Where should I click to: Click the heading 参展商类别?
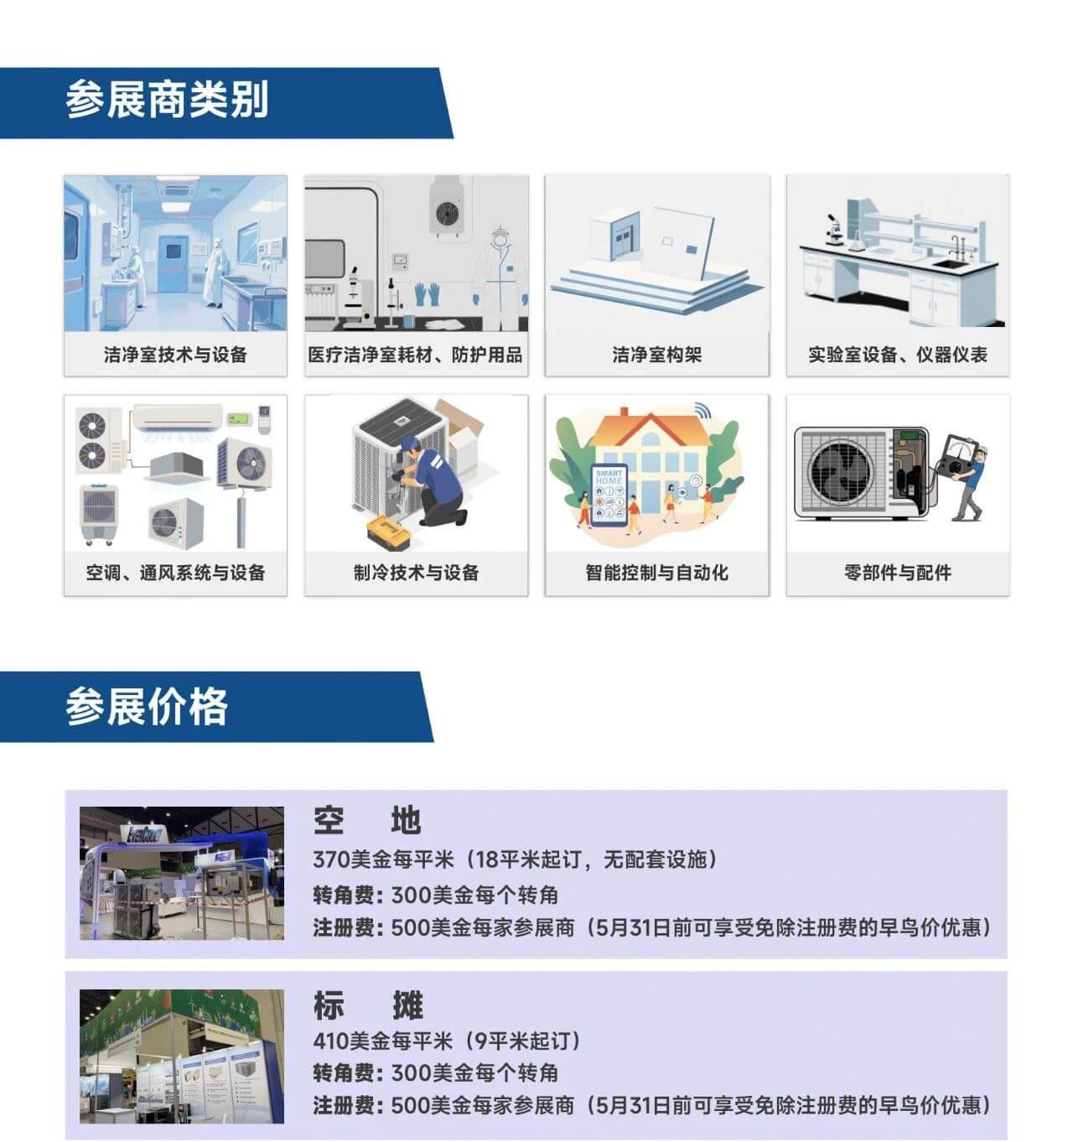coord(167,100)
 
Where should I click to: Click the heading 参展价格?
coord(147,706)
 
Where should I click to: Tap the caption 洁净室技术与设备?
coord(175,354)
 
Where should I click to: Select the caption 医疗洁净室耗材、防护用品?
coord(415,354)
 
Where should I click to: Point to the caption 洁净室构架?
coord(656,354)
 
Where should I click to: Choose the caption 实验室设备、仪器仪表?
coord(898,354)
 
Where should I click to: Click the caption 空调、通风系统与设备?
coord(175,572)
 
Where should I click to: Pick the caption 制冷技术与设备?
coord(417,572)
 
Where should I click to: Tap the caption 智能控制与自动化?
coord(656,572)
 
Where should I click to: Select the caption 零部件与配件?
coord(898,572)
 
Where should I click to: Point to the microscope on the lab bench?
coord(833,229)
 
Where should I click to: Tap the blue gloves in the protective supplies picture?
coord(427,294)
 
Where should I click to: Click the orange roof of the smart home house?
coord(651,428)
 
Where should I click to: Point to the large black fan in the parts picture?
coord(841,473)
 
